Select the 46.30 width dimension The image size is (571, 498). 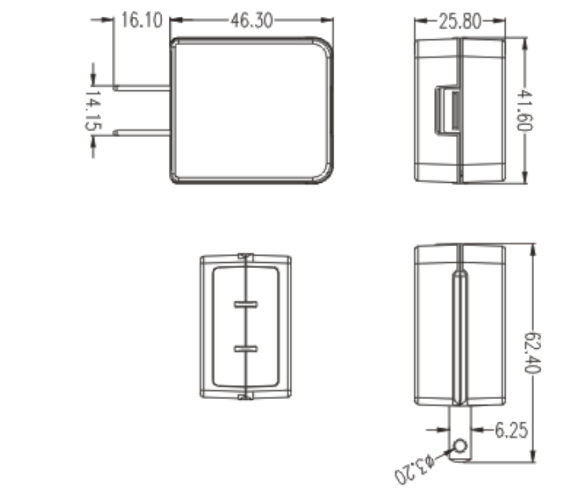point(252,21)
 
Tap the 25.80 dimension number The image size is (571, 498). point(460,21)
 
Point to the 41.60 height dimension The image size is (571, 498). point(524,110)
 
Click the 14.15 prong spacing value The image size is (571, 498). point(93,110)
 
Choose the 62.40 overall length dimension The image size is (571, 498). point(532,353)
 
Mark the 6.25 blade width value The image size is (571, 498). point(512,430)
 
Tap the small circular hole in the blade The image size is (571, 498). point(460,446)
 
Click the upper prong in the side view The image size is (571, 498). point(141,88)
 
